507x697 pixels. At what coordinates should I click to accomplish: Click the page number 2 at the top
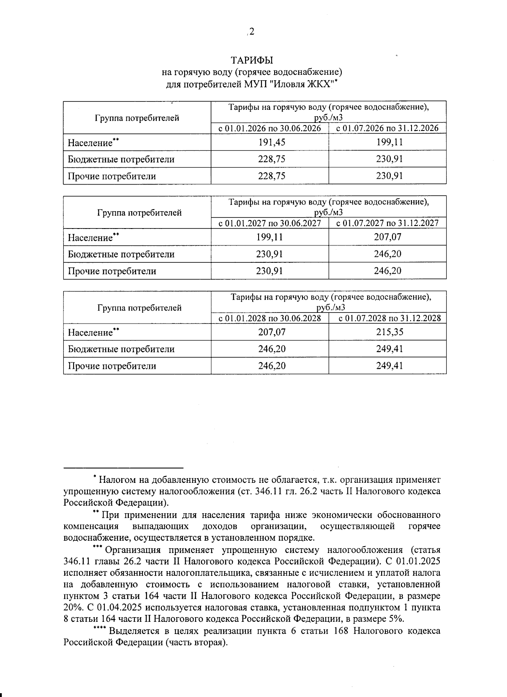pyautogui.click(x=252, y=32)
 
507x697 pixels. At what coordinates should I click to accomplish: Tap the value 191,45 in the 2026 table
pyautogui.click(x=272, y=142)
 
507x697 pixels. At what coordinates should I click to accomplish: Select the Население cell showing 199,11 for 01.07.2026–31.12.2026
pyautogui.click(x=389, y=142)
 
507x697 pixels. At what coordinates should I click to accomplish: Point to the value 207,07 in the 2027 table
pyautogui.click(x=387, y=237)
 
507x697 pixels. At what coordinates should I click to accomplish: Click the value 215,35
pyautogui.click(x=390, y=332)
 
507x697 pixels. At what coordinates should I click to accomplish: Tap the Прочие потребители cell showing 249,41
pyautogui.click(x=390, y=366)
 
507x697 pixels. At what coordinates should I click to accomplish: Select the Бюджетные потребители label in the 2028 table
pyautogui.click(x=121, y=349)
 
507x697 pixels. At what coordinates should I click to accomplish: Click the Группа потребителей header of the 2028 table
pyautogui.click(x=139, y=308)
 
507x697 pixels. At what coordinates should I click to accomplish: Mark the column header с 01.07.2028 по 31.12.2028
pyautogui.click(x=390, y=318)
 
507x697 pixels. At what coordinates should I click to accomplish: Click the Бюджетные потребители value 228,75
pyautogui.click(x=272, y=159)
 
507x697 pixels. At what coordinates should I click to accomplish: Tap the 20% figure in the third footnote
pyautogui.click(x=72, y=608)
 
